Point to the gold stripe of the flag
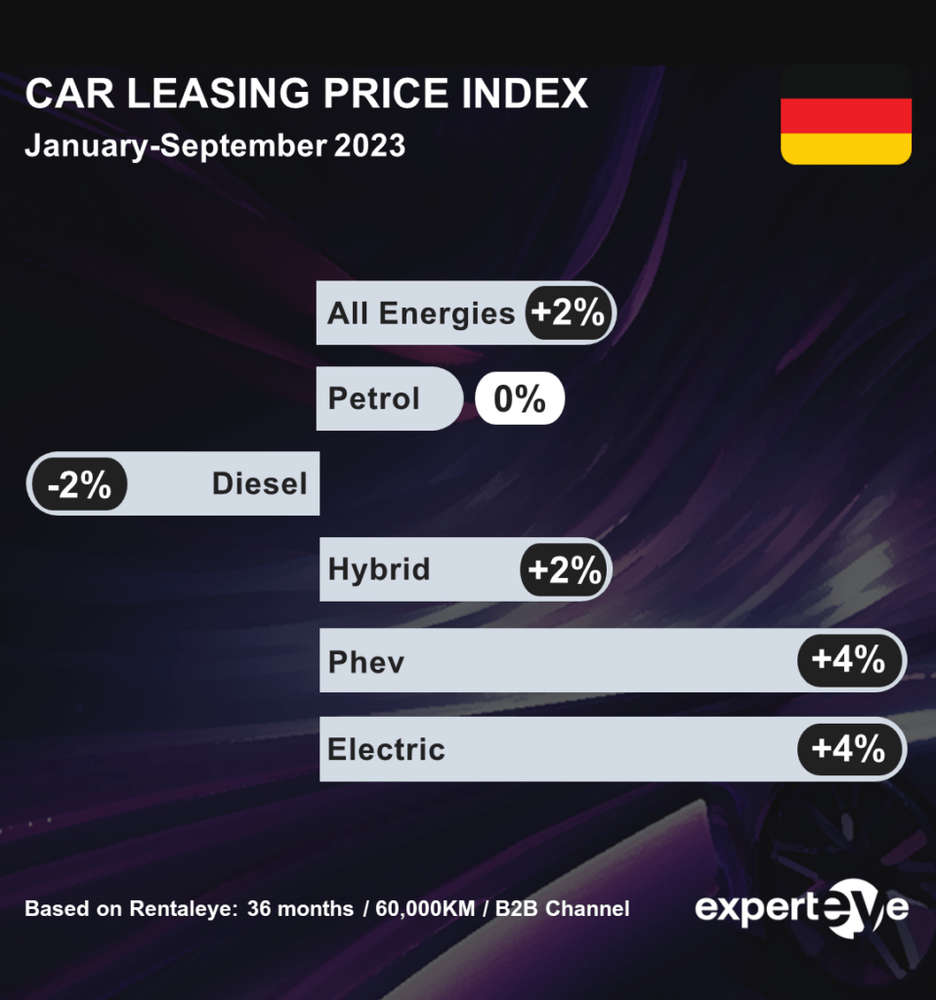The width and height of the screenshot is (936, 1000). point(845,148)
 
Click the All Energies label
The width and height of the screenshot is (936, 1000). point(421,313)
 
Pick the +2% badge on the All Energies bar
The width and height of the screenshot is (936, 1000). point(570,313)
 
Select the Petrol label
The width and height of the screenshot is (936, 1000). point(374,398)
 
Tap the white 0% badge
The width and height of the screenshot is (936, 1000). point(520,398)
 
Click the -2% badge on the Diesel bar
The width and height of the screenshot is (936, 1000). point(79,483)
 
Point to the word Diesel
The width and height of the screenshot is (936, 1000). point(259,483)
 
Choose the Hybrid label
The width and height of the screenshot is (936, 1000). point(379,569)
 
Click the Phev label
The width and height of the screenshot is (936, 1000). point(366,662)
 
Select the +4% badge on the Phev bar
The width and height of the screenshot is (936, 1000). point(849,660)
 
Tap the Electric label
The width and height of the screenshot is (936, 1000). point(386,749)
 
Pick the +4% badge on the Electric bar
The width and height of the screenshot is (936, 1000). point(849,749)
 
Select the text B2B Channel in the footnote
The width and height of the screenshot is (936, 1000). point(562,909)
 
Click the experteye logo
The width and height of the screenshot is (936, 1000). point(801,908)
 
